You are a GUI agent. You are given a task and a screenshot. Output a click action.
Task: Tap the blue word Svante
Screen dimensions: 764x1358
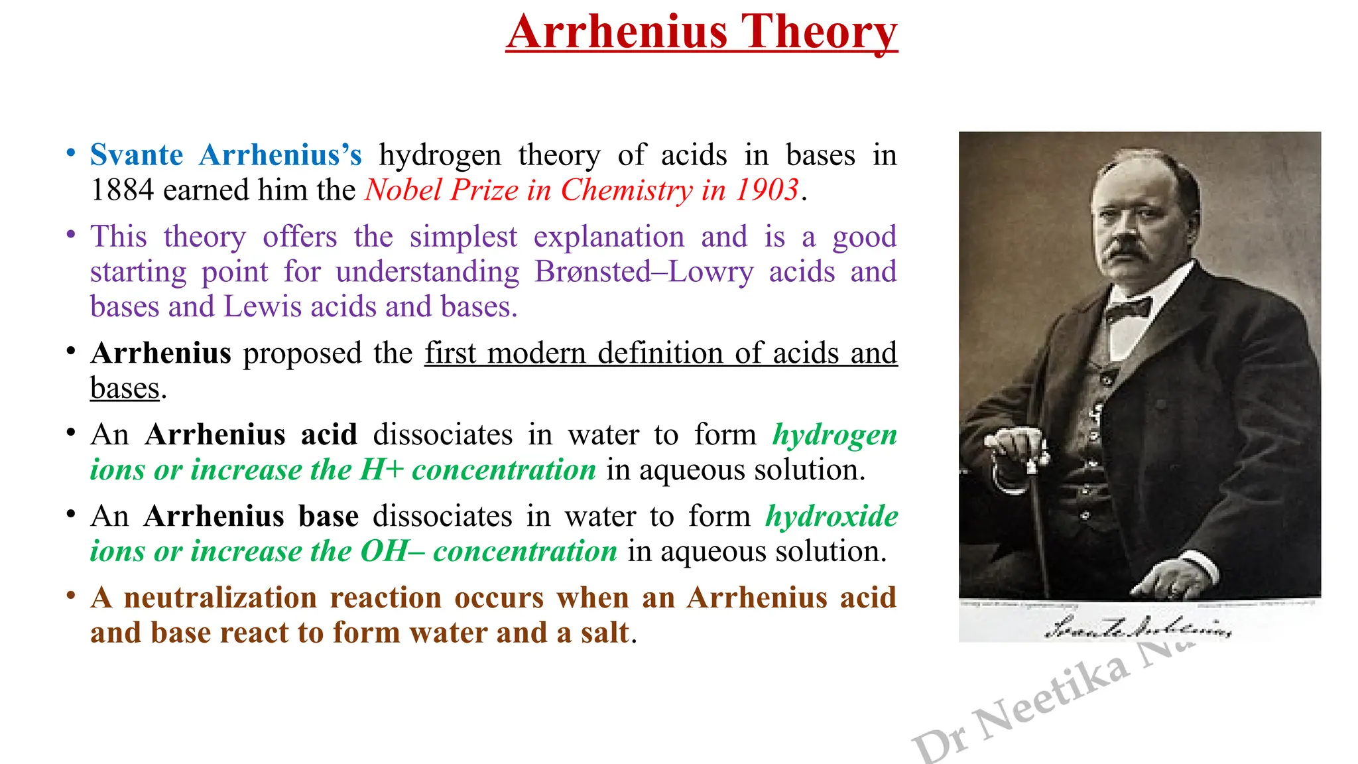137,155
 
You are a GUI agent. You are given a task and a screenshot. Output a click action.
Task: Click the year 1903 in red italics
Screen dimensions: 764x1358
767,190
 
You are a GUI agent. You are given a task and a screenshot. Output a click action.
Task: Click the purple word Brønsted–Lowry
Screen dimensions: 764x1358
644,272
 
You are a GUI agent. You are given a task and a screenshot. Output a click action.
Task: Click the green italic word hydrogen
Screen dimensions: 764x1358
834,436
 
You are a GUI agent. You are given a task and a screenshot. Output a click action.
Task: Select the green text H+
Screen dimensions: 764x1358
382,470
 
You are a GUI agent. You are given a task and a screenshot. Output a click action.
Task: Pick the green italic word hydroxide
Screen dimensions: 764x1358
832,517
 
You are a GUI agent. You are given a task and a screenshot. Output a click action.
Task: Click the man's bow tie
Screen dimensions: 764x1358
1127,309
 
